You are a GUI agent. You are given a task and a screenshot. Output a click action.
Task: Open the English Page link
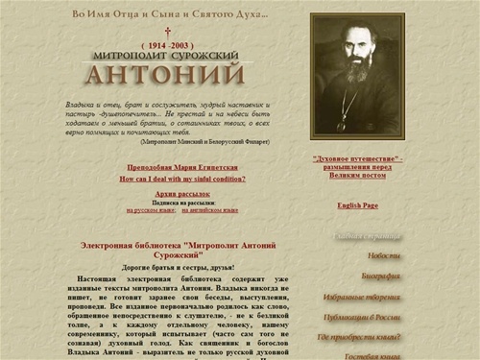(358, 205)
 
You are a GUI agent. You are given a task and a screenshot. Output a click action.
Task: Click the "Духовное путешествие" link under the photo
(358, 158)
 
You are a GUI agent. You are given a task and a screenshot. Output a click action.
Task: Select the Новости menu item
(384, 255)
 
